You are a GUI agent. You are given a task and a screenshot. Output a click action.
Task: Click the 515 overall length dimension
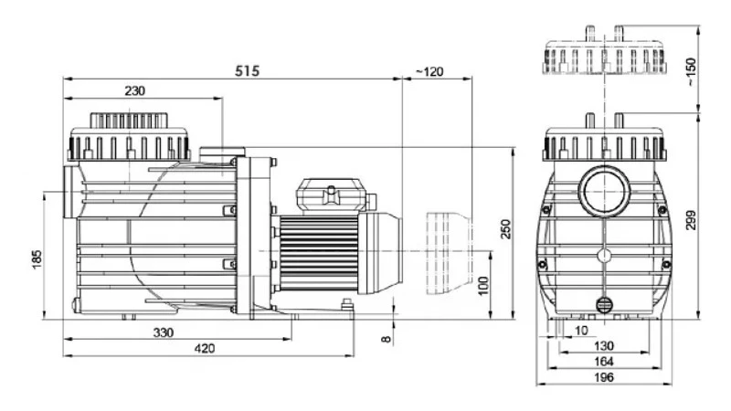pyautogui.click(x=247, y=71)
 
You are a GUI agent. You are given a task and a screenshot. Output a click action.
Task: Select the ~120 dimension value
pyautogui.click(x=429, y=72)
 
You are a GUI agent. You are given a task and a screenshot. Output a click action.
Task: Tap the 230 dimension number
pyautogui.click(x=134, y=90)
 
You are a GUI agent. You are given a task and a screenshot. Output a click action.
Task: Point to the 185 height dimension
pyautogui.click(x=37, y=259)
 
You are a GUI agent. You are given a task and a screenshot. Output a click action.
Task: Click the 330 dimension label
pyautogui.click(x=164, y=332)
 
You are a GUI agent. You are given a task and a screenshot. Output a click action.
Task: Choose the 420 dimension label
pyautogui.click(x=205, y=348)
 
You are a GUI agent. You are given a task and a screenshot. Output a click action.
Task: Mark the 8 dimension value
pyautogui.click(x=387, y=339)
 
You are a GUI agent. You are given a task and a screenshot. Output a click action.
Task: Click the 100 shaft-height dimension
pyautogui.click(x=483, y=285)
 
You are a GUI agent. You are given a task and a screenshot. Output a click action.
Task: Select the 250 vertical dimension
pyautogui.click(x=505, y=229)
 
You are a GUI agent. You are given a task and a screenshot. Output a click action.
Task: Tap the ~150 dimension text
pyautogui.click(x=691, y=71)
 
